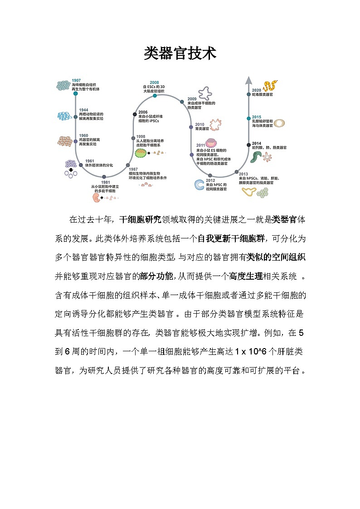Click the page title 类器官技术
[x=180, y=53]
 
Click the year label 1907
[x=76, y=80]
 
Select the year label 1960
[x=83, y=136]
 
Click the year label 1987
[x=133, y=169]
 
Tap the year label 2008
[x=154, y=82]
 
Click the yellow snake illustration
[x=270, y=86]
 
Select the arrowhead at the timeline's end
[x=248, y=80]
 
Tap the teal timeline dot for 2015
[x=248, y=117]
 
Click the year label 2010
[x=199, y=124]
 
